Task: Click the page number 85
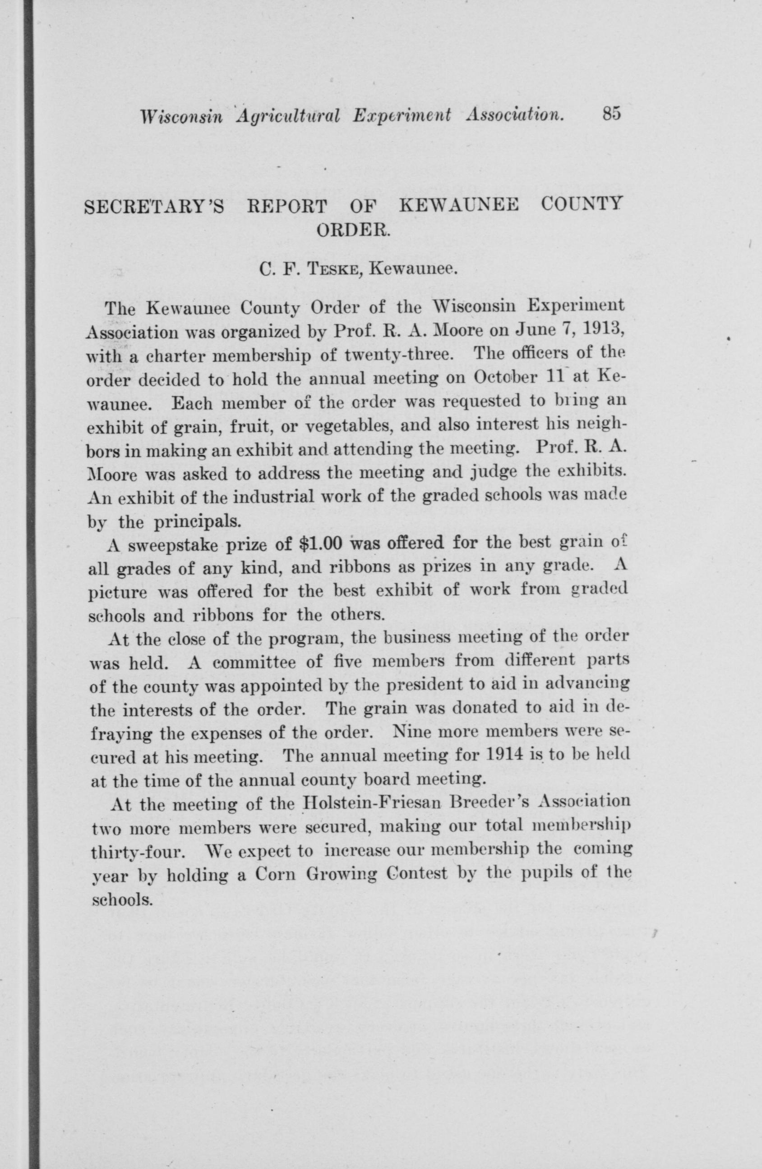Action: pyautogui.click(x=610, y=114)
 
